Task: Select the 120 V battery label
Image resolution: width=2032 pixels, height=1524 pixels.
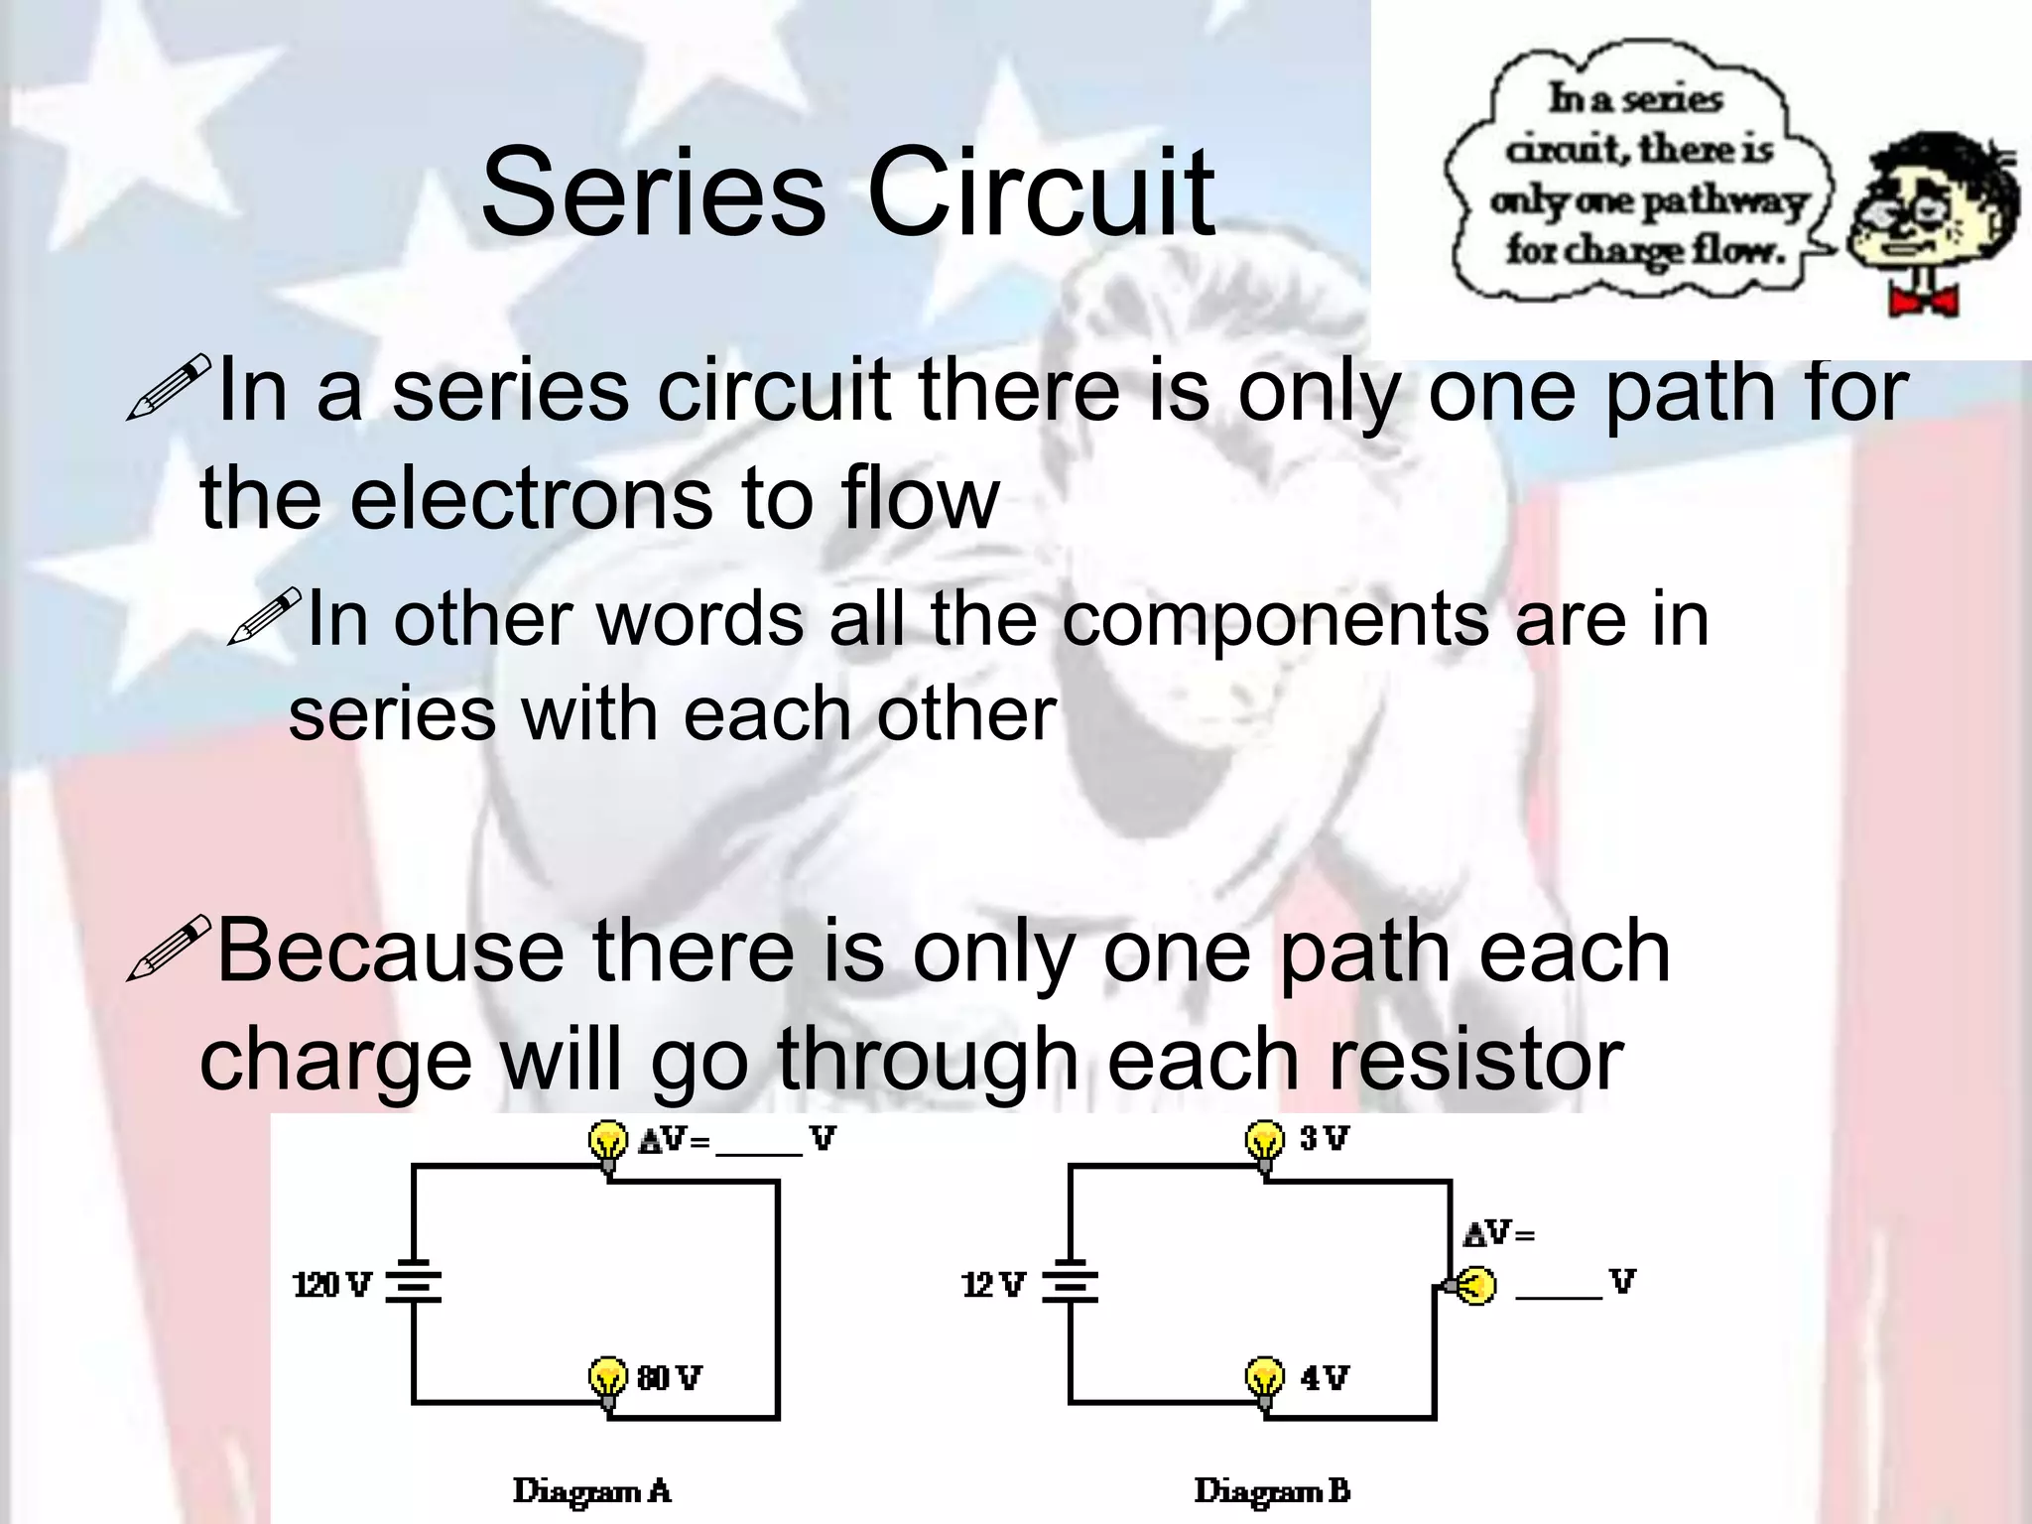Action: pos(331,1285)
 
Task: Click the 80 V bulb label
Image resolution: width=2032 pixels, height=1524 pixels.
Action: pos(670,1377)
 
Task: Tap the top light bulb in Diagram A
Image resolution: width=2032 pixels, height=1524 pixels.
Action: pos(608,1143)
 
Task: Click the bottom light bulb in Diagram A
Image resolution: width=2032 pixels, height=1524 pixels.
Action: pos(607,1379)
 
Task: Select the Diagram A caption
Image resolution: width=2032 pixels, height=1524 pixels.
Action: pos(591,1490)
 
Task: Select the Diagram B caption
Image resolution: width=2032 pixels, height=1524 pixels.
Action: pos(1271,1490)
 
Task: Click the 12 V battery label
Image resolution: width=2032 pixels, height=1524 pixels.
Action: pos(993,1285)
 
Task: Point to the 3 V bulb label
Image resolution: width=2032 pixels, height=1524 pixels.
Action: pos(1324,1138)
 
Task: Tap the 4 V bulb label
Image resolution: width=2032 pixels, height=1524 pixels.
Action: pos(1324,1377)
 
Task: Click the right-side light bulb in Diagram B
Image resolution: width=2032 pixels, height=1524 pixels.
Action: pos(1474,1286)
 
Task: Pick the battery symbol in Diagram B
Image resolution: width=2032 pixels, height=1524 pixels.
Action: pos(1070,1285)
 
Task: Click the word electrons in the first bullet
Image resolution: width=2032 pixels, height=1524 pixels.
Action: pos(530,498)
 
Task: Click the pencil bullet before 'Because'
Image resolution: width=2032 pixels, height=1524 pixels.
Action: pos(169,948)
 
